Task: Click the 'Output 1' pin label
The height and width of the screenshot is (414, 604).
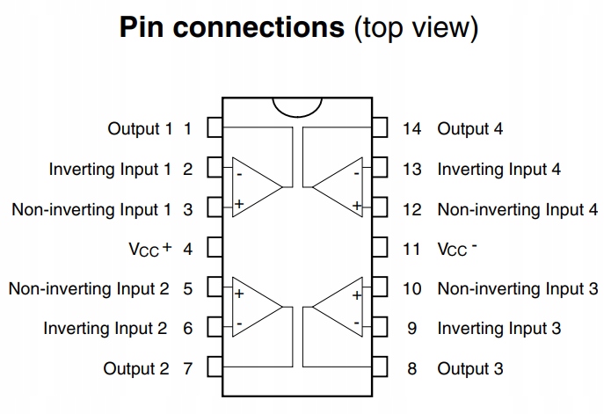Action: coord(141,129)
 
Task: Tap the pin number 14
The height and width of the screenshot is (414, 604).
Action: coord(411,129)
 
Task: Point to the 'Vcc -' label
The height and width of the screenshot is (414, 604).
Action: coord(457,249)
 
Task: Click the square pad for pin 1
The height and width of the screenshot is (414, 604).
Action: coord(214,129)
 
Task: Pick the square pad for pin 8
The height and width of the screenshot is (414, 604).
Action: coord(380,368)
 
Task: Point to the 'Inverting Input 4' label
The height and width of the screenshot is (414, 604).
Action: coord(498,169)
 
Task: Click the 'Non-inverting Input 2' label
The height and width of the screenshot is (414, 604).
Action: coord(89,288)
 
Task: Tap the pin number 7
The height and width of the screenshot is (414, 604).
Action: coord(187,368)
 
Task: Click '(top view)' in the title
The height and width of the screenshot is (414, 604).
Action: coord(416,27)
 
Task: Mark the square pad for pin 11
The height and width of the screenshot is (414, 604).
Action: coord(380,249)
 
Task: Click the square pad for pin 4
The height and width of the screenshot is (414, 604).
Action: coord(214,249)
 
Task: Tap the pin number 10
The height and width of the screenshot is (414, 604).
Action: coord(411,288)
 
